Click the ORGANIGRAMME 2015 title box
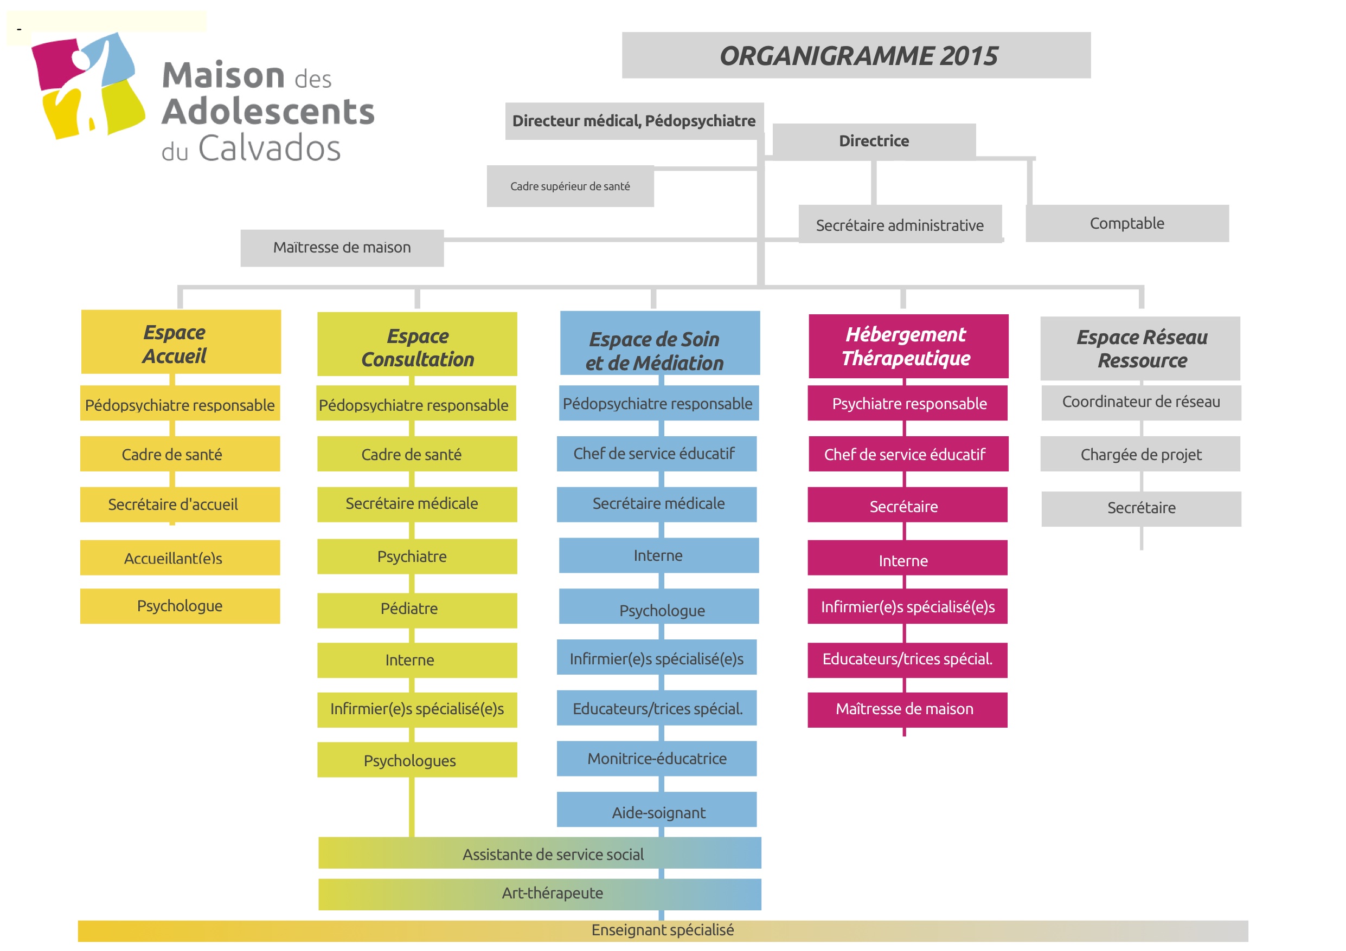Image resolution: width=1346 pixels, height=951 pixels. pos(856,55)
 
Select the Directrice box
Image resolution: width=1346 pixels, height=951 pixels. pos(874,141)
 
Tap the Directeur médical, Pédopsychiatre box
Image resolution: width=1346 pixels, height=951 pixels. pos(634,121)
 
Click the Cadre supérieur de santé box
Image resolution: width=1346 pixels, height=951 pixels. pos(571,186)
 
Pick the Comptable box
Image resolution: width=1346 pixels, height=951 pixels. pos(1127,223)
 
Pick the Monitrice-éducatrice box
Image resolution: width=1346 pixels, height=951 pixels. pos(657,759)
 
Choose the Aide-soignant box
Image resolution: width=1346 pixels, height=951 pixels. pos(657,809)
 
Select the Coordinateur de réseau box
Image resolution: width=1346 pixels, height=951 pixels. pos(1142,403)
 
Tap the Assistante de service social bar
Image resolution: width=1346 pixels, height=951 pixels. pos(540,853)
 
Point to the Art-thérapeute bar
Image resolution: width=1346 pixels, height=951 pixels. pos(540,894)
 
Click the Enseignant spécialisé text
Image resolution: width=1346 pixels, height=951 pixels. pos(663,930)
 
